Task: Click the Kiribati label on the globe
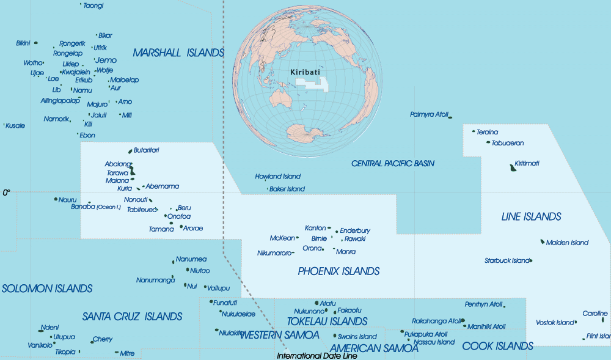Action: (x=305, y=72)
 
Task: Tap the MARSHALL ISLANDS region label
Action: (x=178, y=53)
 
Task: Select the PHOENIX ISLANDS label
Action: (x=338, y=271)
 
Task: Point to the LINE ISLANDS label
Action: (x=531, y=216)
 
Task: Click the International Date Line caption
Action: (x=316, y=356)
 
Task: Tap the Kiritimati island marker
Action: (x=512, y=167)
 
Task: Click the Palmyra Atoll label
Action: (x=429, y=114)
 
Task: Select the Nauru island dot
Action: (x=56, y=199)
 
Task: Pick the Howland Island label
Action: (x=278, y=177)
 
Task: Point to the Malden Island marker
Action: (x=543, y=241)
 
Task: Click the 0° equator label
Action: (x=7, y=193)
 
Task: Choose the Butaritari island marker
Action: (x=130, y=151)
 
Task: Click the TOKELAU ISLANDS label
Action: (x=327, y=321)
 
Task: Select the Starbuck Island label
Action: (x=507, y=260)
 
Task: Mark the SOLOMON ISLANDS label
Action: (x=47, y=288)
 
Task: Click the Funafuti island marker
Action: (x=211, y=302)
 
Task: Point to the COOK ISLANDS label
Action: (x=497, y=346)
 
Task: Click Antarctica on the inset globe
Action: (x=302, y=133)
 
